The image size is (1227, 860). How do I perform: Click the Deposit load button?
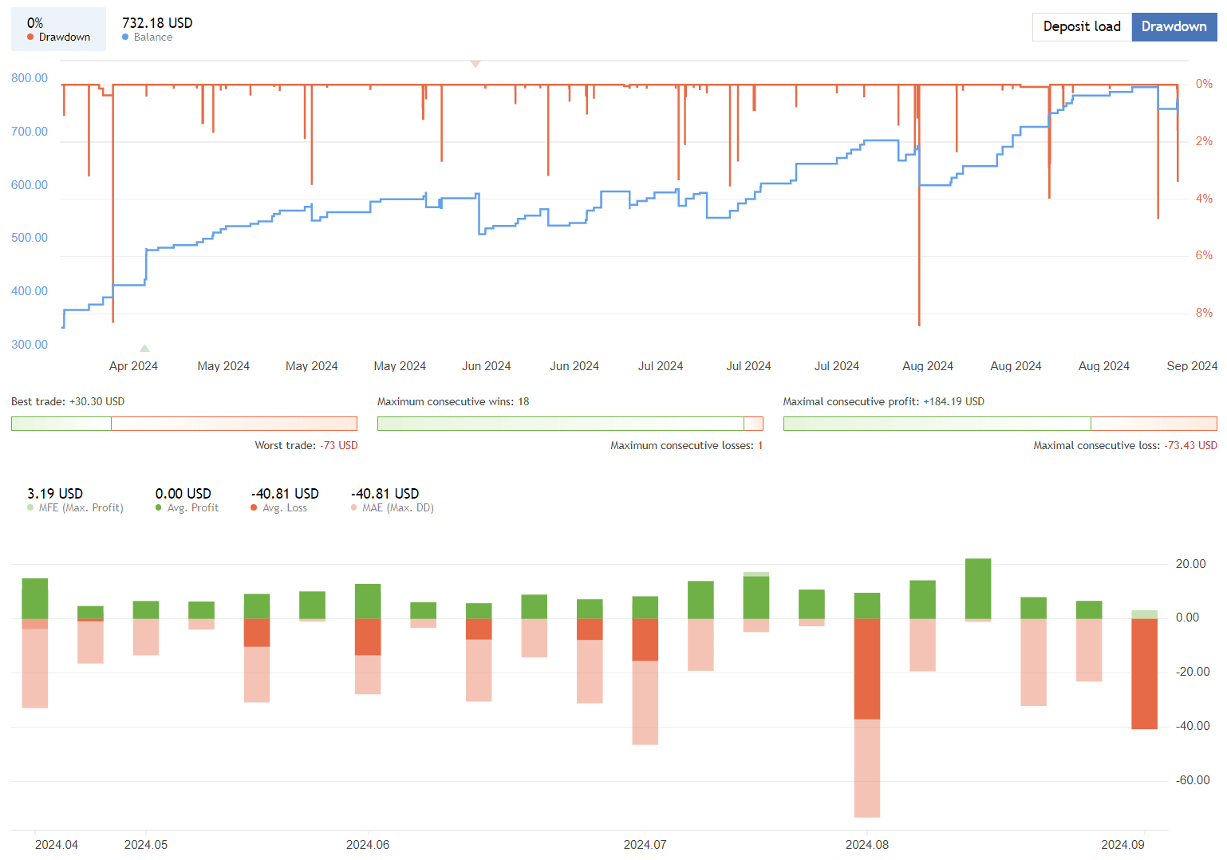(1081, 27)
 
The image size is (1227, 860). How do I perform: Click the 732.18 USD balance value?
(157, 23)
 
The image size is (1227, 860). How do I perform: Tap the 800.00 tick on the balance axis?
(30, 78)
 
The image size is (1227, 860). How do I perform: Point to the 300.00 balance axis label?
(30, 345)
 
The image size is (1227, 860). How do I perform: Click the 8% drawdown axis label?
(1203, 313)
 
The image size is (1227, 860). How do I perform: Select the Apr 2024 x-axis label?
(133, 366)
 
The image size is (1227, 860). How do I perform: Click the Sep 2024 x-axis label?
(1191, 366)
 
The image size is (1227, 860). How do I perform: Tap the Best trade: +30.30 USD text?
(68, 402)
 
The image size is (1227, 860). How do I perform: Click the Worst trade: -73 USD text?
(306, 446)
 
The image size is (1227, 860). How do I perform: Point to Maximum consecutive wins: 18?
(452, 402)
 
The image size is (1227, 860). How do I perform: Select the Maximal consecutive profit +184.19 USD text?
(883, 402)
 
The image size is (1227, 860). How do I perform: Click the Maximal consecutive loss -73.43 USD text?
(1125, 446)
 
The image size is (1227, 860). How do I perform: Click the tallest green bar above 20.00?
(977, 588)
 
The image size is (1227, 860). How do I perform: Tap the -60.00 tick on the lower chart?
(1193, 780)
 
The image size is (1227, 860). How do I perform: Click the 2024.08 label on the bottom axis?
(866, 845)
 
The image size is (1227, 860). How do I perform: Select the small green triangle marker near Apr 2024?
(144, 349)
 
